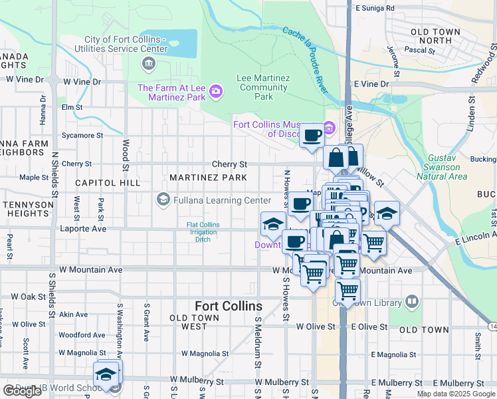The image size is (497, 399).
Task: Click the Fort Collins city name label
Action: click(228, 306)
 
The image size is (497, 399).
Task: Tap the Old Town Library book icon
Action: click(412, 303)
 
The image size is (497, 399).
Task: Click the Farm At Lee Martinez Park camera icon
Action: click(215, 90)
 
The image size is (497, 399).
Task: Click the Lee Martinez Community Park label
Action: click(264, 87)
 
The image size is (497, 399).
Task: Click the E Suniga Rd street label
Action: click(375, 8)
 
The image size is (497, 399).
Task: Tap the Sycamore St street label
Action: click(82, 135)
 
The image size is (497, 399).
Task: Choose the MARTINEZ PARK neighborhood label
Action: click(208, 178)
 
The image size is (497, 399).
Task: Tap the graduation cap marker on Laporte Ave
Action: click(272, 225)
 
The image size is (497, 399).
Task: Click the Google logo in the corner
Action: click(22, 391)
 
